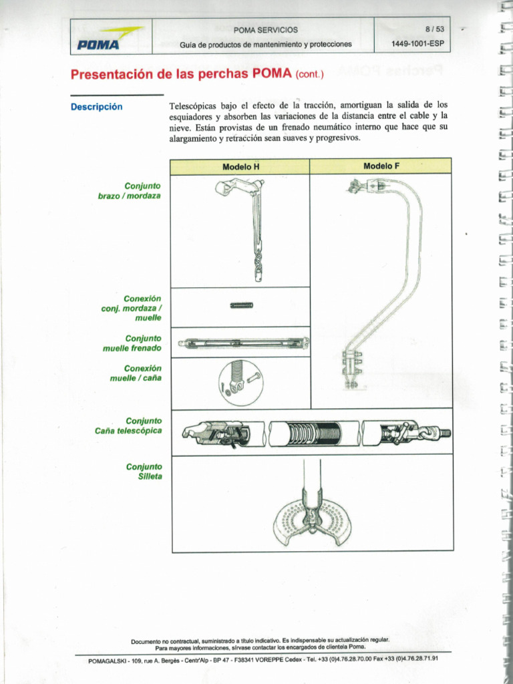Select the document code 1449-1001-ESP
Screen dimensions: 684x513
(417, 45)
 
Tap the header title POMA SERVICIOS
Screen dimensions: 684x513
(265, 30)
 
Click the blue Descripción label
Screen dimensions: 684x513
(97, 107)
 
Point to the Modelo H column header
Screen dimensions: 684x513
(240, 166)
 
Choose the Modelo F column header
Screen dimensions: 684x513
(381, 166)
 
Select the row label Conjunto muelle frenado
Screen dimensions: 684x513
(133, 343)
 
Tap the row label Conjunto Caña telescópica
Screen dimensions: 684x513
(129, 425)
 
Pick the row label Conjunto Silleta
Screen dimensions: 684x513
(144, 471)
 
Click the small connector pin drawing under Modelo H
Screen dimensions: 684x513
(241, 305)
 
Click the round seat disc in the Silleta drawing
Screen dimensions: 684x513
(311, 520)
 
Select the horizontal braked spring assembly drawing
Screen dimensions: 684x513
(243, 343)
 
